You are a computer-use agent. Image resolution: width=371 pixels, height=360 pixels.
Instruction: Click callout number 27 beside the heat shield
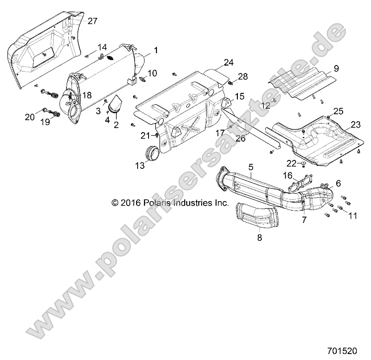click(x=93, y=21)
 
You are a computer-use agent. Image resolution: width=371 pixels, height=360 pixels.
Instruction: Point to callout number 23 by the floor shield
click(x=356, y=124)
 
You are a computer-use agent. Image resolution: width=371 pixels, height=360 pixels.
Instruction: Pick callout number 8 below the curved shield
click(x=259, y=238)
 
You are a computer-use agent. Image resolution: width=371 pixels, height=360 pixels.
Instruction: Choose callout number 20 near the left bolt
click(x=30, y=117)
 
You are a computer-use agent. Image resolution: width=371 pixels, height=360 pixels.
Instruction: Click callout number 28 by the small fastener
click(x=242, y=76)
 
